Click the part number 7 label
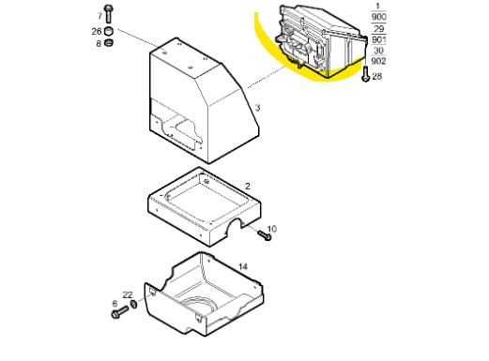coord(99,16)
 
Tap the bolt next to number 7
coord(108,14)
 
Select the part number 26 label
coord(97,31)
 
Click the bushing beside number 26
coord(108,32)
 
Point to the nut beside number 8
coord(109,42)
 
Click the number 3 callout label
coord(257,108)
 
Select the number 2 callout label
coord(248,187)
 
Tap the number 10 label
coord(272,229)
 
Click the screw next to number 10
coord(265,235)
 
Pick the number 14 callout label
coord(243,266)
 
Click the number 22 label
coord(128,294)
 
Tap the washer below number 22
coord(133,304)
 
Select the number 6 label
coord(115,304)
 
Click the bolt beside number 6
coord(119,312)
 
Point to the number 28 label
coord(377,76)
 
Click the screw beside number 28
coord(365,74)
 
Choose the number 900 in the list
coord(379,17)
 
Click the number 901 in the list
coord(379,39)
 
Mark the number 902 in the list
coord(379,61)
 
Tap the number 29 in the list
coord(379,29)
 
